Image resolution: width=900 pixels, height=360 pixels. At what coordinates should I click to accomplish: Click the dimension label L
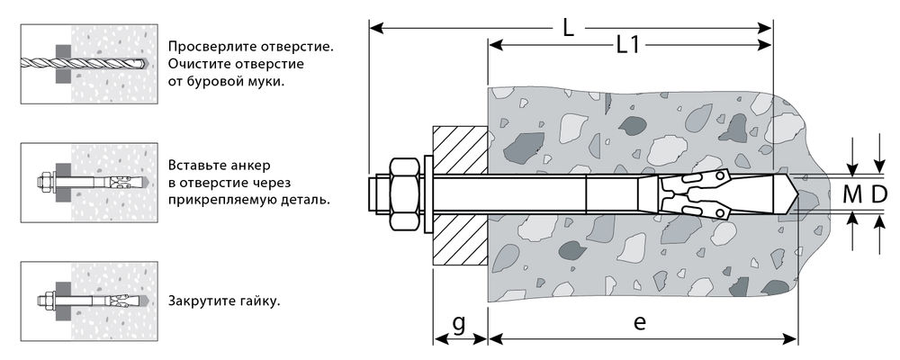[x=568, y=28]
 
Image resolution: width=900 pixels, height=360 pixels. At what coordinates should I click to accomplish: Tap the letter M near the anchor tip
[x=851, y=193]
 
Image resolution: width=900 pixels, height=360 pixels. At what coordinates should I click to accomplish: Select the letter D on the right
[x=879, y=193]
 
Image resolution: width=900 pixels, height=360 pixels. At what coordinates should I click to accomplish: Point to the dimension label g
[x=458, y=323]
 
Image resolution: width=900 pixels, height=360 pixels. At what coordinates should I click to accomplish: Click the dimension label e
[x=639, y=323]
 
